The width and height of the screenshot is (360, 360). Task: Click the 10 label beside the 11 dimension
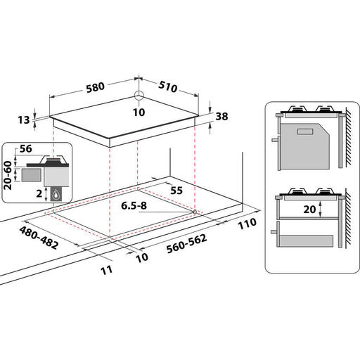pos(140,257)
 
